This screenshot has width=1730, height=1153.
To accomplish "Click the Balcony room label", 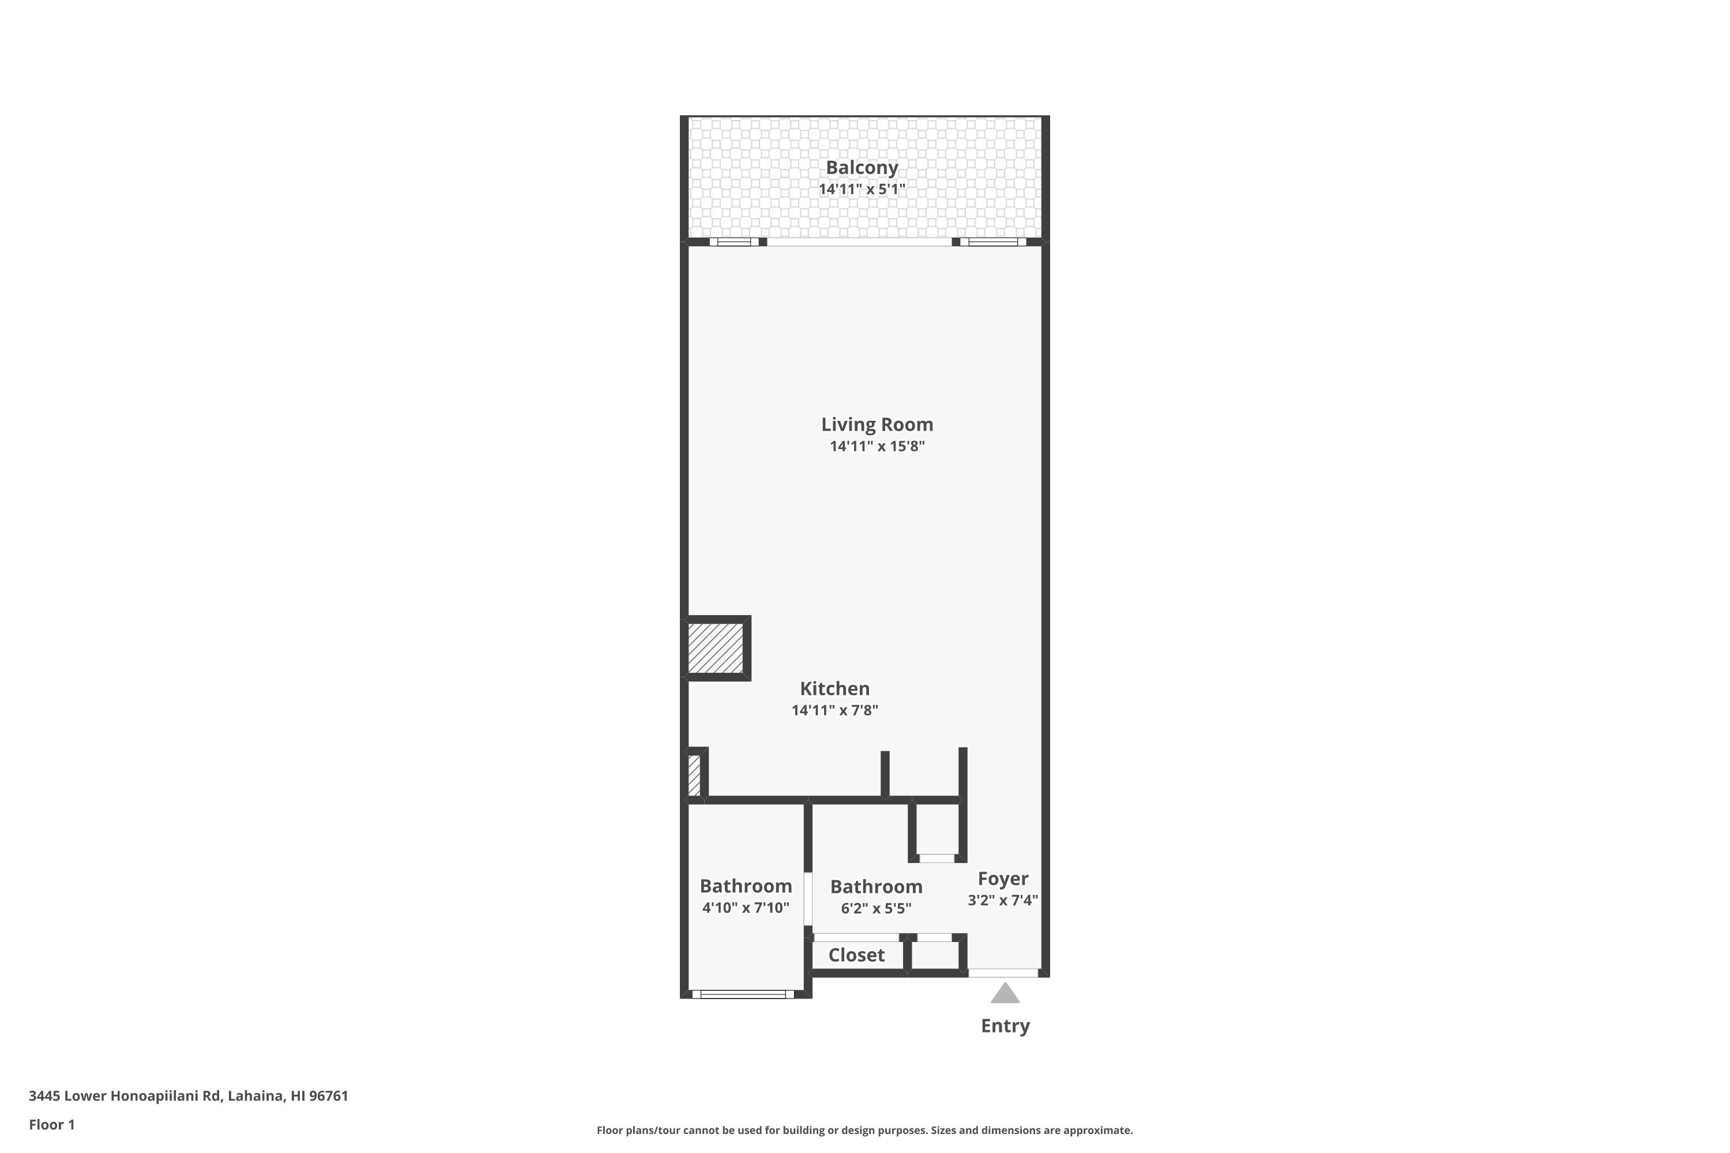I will tap(862, 168).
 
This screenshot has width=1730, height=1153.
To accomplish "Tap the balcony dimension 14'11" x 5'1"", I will tap(862, 190).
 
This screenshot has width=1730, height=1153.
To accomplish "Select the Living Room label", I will tap(877, 424).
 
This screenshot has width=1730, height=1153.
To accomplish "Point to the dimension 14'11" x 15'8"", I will tap(877, 446).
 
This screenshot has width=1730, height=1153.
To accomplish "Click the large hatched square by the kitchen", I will tap(715, 648).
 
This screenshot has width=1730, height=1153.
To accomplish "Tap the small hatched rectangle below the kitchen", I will tap(694, 775).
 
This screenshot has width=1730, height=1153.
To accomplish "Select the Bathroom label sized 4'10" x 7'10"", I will tap(745, 886).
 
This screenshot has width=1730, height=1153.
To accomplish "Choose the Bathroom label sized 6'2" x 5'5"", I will tap(875, 886).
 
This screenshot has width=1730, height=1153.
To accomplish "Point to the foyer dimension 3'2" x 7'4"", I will tap(1003, 900).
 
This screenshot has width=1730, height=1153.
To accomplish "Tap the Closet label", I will tap(856, 955).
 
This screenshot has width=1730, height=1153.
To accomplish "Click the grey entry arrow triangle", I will tap(1005, 994).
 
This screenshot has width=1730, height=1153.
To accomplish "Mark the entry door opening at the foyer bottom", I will tap(1003, 973).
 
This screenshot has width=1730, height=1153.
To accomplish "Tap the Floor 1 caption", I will tap(51, 1124).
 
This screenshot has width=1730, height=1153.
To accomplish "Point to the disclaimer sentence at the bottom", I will tap(864, 1130).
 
